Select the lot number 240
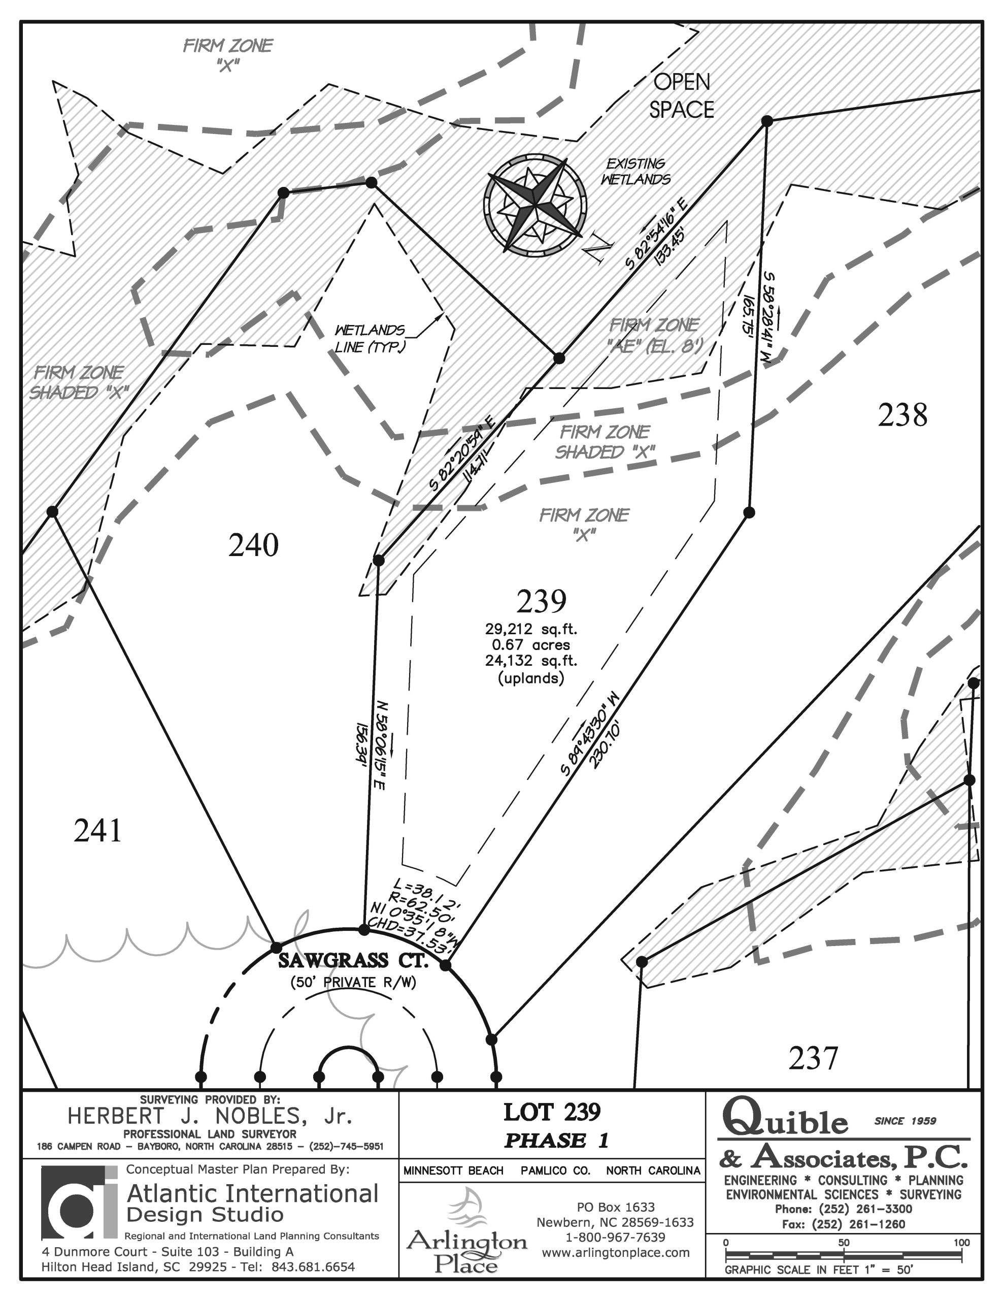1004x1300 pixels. pos(253,545)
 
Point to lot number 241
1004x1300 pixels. pos(97,830)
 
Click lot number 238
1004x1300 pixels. pos(903,415)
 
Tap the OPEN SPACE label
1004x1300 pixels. pos(682,96)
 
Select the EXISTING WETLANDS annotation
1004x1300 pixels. pos(635,172)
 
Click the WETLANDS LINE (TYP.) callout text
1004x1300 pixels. pos(370,339)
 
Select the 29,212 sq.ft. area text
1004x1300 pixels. pos(531,629)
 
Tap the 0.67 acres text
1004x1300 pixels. pos(531,644)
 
